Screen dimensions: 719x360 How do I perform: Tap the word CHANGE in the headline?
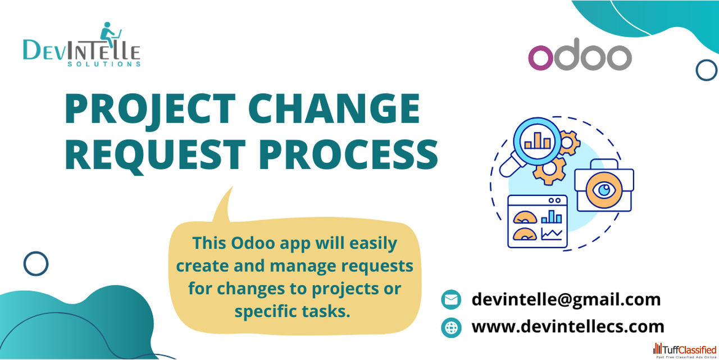[x=334, y=108]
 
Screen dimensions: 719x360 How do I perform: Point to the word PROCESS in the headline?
[x=348, y=154]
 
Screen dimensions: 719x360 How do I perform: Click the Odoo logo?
[x=580, y=54]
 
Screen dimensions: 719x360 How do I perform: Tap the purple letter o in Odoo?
[x=541, y=58]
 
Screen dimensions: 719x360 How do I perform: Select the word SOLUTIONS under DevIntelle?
[x=104, y=64]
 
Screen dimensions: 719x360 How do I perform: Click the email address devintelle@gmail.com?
[x=566, y=300]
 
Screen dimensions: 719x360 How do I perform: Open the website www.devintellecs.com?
[x=568, y=327]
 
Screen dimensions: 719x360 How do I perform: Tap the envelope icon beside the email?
[x=451, y=300]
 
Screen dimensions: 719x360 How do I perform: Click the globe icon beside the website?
[x=451, y=327]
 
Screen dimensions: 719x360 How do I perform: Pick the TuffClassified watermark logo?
[x=685, y=350]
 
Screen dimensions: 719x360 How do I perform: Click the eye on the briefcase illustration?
[x=604, y=190]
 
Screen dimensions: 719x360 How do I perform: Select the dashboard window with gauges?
[x=538, y=222]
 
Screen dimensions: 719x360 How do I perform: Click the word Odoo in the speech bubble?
[x=253, y=244]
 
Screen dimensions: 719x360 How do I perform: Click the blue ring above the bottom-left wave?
[x=36, y=264]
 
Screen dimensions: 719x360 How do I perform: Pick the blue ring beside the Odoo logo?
[x=707, y=70]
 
